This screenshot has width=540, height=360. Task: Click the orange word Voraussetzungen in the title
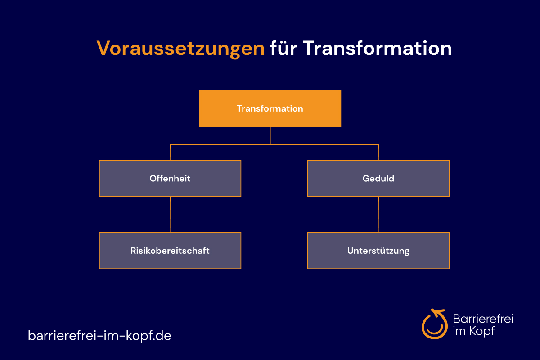point(180,49)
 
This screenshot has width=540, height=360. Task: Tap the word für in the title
point(283,48)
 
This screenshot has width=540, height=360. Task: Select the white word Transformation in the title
point(377,48)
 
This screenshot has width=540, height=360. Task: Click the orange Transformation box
point(270,108)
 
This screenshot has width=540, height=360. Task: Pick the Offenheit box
point(170,179)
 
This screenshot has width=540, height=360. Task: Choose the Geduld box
point(378,179)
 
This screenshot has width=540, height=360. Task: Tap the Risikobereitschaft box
point(170,251)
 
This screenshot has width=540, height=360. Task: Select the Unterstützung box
point(378,251)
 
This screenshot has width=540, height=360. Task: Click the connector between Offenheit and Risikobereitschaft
point(171,215)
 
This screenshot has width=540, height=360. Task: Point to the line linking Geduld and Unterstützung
point(379,215)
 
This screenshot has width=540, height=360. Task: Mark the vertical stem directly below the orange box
point(270,135)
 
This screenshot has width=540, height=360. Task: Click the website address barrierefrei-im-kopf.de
point(99,336)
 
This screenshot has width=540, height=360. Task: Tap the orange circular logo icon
point(434,324)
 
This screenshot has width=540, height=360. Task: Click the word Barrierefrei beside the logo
point(483,319)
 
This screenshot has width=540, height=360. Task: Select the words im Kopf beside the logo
point(474,331)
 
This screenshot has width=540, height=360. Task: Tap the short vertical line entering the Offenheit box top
point(171,153)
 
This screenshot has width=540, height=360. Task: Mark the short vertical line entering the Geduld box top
point(379,153)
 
